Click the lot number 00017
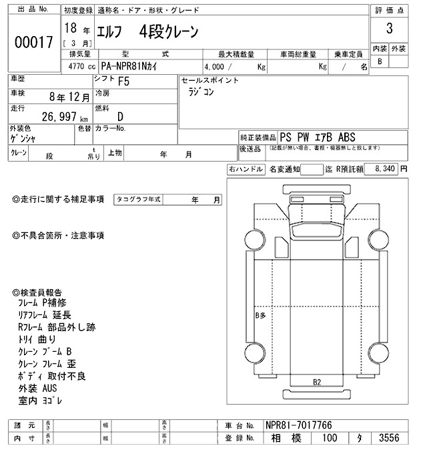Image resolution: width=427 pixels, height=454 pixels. point(33,42)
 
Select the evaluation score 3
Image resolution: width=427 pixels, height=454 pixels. point(388,30)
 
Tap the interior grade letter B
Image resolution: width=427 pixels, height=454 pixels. point(380,61)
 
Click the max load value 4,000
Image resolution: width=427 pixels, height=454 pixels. point(218,67)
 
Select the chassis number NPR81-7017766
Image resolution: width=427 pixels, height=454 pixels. point(298,425)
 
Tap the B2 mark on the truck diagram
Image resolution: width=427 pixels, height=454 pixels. point(318,382)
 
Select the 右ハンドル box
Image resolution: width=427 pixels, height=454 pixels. point(246,170)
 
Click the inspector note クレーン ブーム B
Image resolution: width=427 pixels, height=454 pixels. point(45,351)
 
